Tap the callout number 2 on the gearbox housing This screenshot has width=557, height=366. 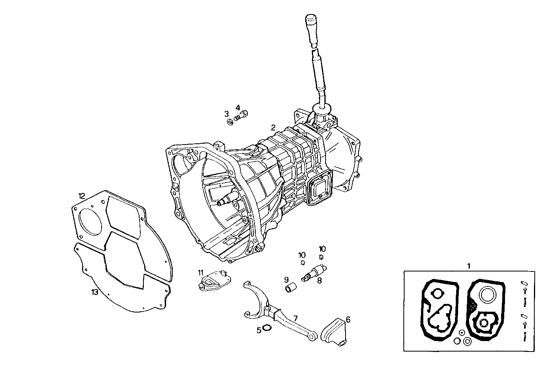(x=273, y=127)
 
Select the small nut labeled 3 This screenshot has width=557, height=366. (x=230, y=122)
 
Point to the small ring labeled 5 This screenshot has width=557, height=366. (x=267, y=327)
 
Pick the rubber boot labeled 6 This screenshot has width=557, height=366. (x=334, y=331)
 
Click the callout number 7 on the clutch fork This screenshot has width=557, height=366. (x=296, y=319)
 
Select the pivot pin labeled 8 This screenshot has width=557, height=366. (x=314, y=272)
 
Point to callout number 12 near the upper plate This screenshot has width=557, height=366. (x=81, y=196)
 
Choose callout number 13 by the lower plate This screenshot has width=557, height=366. (x=95, y=292)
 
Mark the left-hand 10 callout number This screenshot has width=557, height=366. (x=302, y=255)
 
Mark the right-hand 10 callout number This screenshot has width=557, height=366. (x=322, y=249)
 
